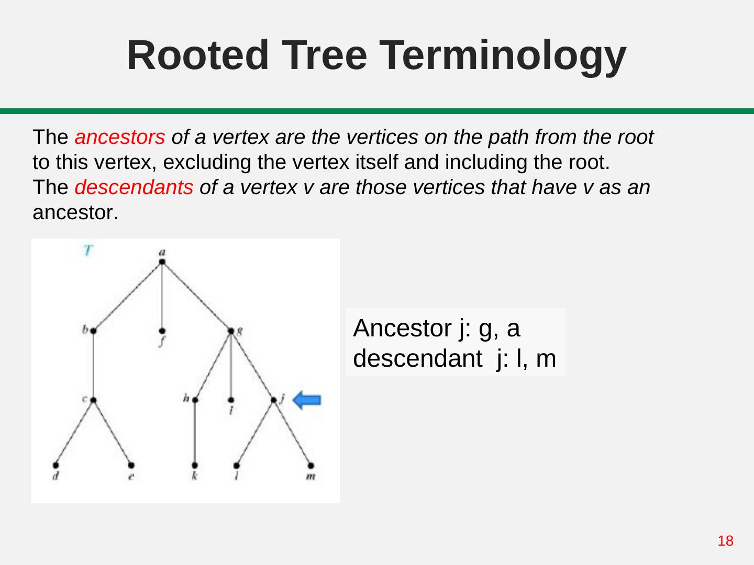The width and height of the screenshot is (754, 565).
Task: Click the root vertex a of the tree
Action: (162, 262)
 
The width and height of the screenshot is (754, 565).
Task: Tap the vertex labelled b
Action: (93, 331)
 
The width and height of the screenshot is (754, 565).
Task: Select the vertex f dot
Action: (162, 331)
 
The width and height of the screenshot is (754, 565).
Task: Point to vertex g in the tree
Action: (231, 331)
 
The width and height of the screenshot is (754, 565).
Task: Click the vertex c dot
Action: (93, 400)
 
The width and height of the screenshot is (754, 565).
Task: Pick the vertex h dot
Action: (195, 400)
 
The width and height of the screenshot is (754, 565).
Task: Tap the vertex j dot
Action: (274, 400)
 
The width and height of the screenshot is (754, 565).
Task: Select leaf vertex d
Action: (56, 465)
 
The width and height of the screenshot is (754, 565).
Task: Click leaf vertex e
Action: (131, 465)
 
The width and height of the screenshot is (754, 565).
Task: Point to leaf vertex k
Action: (195, 465)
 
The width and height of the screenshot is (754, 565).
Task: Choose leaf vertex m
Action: (311, 465)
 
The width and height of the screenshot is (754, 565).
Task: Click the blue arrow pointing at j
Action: (307, 401)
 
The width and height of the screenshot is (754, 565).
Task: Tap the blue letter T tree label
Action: (88, 251)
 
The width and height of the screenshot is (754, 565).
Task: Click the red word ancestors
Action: (120, 138)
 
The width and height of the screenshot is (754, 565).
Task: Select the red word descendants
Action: (134, 187)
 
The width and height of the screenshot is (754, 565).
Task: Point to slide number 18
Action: (725, 541)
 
